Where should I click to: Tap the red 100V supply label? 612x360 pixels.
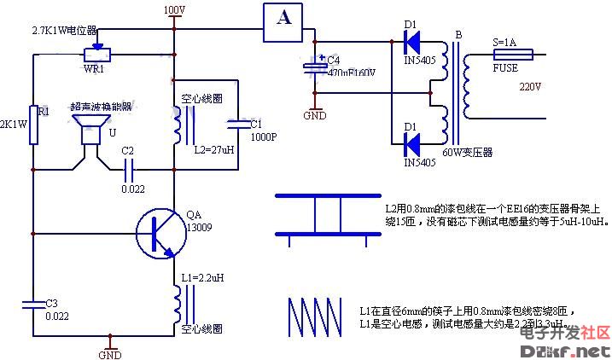[x=173, y=10]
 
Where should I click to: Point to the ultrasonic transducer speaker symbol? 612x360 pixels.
[x=86, y=131]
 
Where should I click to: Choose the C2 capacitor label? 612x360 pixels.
[x=128, y=151]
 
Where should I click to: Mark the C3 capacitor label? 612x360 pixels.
[x=52, y=303]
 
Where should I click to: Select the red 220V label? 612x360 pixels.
[x=531, y=87]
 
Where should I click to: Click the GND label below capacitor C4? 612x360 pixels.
[x=315, y=114]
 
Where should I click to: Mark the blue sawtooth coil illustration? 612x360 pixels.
[x=314, y=319]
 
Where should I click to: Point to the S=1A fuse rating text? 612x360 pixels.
[x=506, y=42]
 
